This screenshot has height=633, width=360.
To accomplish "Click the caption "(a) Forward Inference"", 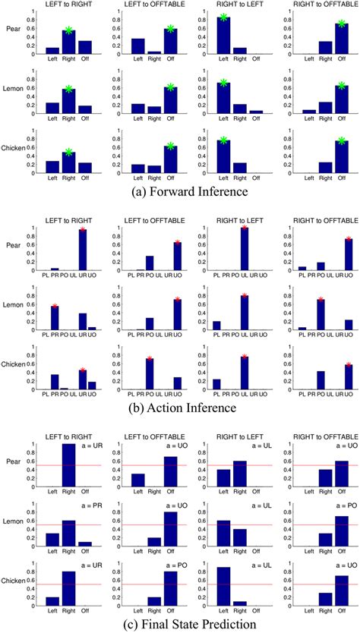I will click(179, 192).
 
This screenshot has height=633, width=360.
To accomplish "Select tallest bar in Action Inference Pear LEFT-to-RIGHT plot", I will click(81, 248).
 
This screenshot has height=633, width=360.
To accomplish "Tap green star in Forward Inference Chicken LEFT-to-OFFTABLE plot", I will click(171, 146).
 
